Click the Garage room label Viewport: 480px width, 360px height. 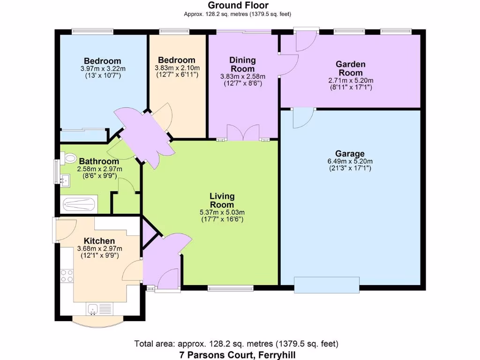350,154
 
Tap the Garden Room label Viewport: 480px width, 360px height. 350,68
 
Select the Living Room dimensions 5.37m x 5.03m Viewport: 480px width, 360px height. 222,212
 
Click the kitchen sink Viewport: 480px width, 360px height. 92,308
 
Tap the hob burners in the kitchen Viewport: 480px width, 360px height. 67,276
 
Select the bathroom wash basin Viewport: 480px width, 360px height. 64,178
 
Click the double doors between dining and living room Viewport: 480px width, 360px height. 242,133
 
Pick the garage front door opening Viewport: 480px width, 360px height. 327,285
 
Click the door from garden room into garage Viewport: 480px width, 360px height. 304,117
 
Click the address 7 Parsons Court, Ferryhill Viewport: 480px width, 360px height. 237,355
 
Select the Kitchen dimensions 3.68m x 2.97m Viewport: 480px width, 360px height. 99,249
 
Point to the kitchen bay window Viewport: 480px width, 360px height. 99,322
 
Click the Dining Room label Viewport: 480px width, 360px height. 242,64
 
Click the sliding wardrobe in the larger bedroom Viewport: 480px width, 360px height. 83,135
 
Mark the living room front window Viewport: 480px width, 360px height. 231,288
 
